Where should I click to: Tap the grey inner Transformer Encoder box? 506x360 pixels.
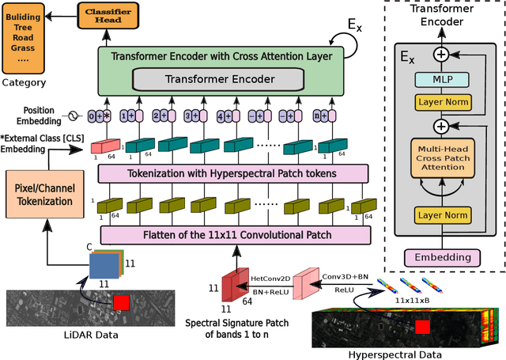215,78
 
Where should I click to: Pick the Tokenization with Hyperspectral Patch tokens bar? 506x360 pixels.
234,173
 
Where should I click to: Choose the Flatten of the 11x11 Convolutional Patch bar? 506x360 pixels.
235,234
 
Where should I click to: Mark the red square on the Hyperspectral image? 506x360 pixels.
422,327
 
